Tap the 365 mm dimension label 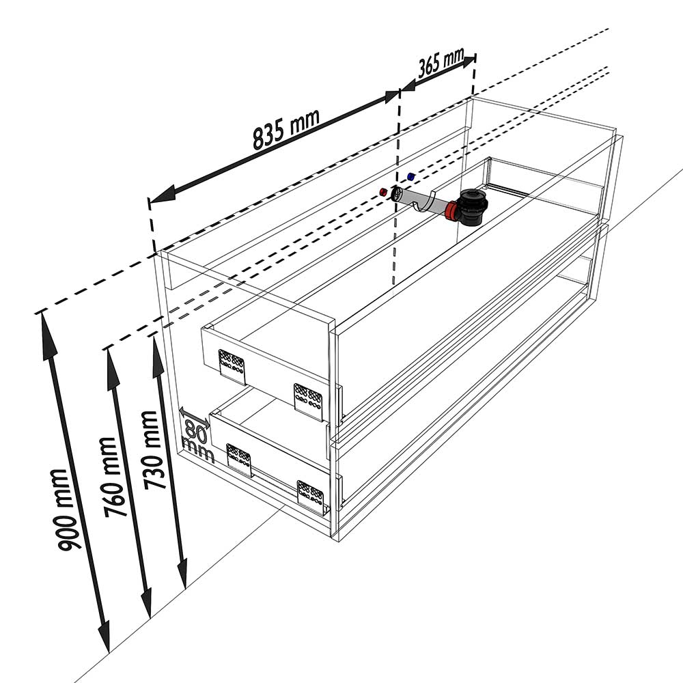(x=441, y=63)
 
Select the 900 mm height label (x=64, y=510)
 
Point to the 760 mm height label (x=109, y=477)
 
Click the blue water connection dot (x=410, y=176)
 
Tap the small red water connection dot (x=383, y=192)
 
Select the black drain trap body (x=473, y=208)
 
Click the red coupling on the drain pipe (x=451, y=211)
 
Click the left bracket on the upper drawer (x=232, y=367)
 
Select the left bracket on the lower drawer (x=238, y=460)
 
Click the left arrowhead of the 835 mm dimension (x=161, y=195)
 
